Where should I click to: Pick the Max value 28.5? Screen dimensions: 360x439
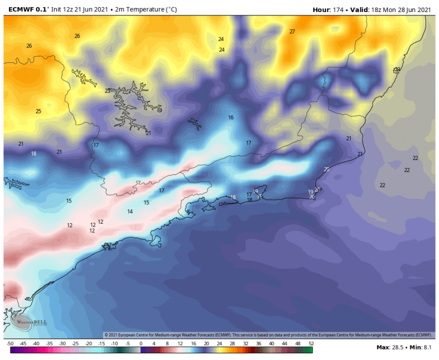coord(396,347)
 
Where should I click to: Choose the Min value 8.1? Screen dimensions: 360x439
coord(427,347)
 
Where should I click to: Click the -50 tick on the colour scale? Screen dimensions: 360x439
coord(10,344)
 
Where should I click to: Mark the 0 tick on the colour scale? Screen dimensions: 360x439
coord(141,344)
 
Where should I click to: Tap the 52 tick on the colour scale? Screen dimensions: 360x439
coord(311,344)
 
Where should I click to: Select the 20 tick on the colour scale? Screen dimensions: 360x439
coord(207,344)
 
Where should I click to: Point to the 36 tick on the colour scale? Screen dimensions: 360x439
coord(259,344)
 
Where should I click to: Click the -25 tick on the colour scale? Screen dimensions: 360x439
coord(75,344)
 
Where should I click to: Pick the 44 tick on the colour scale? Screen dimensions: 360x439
coord(285,344)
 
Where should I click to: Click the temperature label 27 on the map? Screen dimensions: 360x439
coord(292,32)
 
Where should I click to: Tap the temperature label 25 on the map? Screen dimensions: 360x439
coord(38,111)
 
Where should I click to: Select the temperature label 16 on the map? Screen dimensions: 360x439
coord(231,118)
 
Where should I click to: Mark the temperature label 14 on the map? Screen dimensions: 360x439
coord(130,212)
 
